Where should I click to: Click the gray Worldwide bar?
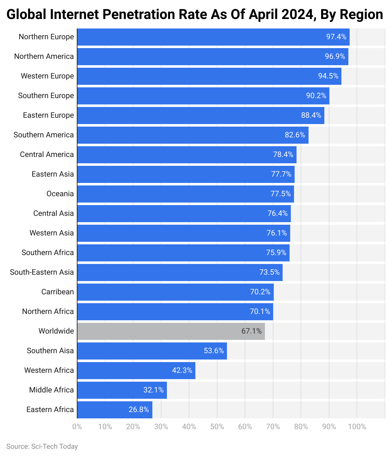(x=171, y=331)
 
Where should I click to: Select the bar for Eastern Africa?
(x=114, y=410)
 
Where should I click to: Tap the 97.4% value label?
(x=336, y=37)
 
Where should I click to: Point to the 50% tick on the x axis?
(x=217, y=427)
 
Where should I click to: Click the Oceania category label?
(x=60, y=194)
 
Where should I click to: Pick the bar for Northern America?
(x=212, y=56)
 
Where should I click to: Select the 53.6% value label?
(x=214, y=351)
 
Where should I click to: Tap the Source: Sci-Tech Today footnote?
(x=42, y=446)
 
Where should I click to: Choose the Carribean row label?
(x=58, y=292)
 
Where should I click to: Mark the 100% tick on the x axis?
(x=357, y=427)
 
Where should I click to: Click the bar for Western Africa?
(x=136, y=370)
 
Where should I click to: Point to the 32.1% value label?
(x=153, y=390)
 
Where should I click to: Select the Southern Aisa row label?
(x=50, y=351)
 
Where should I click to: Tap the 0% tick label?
(x=77, y=427)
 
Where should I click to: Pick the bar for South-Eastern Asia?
(x=180, y=272)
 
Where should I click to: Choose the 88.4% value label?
(x=311, y=115)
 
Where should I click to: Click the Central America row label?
(x=47, y=154)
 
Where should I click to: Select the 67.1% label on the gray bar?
(x=251, y=331)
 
